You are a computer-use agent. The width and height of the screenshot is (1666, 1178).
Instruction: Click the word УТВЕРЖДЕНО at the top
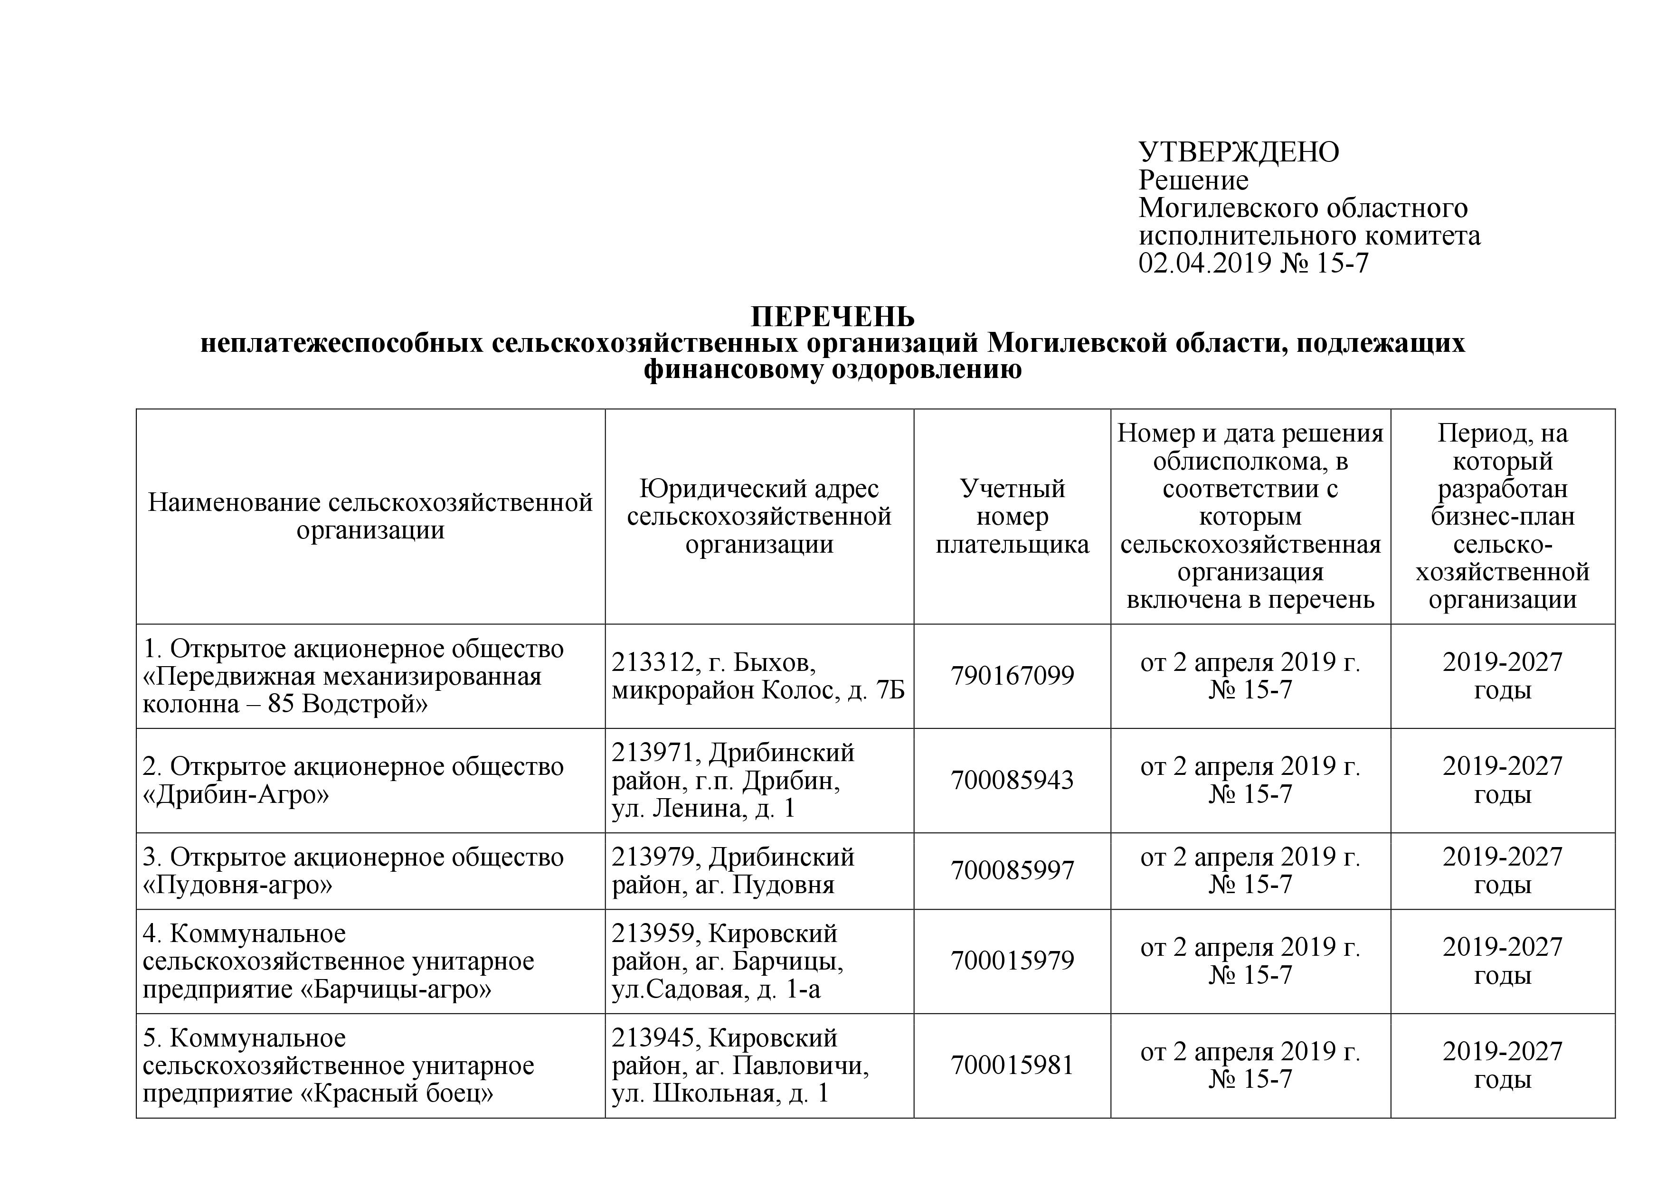coord(1239,152)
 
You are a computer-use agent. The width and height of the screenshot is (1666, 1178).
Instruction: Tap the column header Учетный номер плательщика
coord(1012,517)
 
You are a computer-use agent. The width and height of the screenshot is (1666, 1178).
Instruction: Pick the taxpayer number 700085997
coord(1012,870)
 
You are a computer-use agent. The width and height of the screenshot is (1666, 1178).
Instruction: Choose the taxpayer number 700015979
coord(1012,961)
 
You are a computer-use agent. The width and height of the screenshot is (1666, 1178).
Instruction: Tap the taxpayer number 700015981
coord(1012,1065)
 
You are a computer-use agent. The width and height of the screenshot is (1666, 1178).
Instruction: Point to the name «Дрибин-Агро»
coord(236,795)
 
